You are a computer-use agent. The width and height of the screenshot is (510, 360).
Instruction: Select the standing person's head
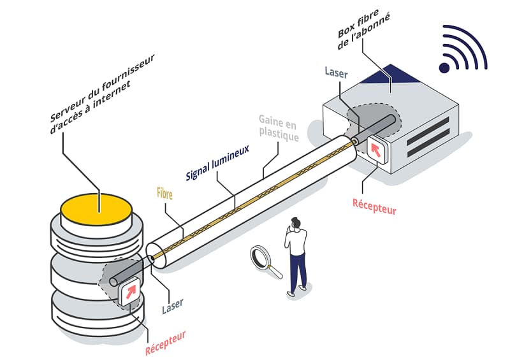click(x=296, y=224)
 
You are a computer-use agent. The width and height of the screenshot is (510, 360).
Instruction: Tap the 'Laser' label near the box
click(x=336, y=73)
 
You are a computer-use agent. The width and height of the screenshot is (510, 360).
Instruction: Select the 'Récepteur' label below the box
click(x=374, y=206)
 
